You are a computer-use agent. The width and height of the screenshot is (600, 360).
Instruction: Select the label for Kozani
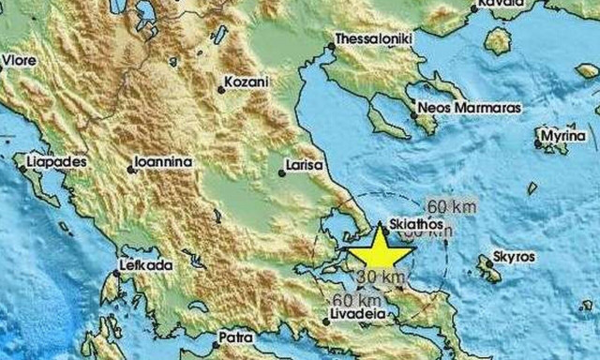pos(247,82)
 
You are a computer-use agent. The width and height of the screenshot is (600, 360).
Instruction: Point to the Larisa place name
pos(306,166)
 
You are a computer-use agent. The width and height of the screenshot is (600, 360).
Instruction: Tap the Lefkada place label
pos(147,266)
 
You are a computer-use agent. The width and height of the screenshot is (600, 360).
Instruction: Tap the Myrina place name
pos(565,138)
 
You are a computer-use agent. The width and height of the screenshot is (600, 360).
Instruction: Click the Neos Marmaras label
pos(467,108)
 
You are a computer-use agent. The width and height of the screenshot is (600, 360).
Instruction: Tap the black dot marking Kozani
pos(221,90)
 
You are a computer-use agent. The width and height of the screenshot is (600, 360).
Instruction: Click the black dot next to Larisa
pos(282,172)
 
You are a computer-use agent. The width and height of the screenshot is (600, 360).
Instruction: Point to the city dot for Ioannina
pos(129,170)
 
